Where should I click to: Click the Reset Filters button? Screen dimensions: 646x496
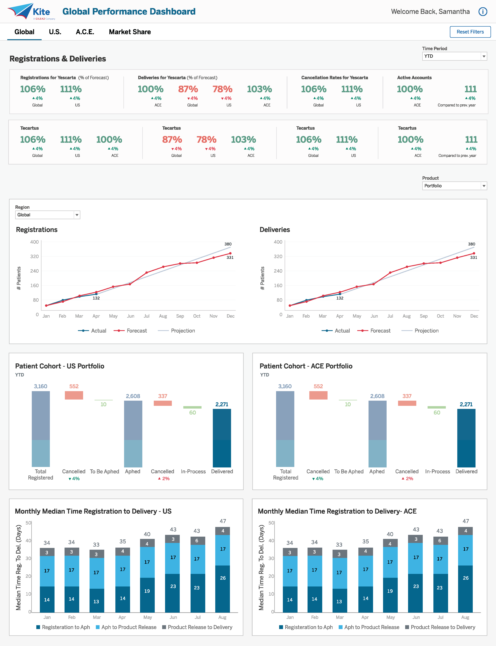pyautogui.click(x=470, y=32)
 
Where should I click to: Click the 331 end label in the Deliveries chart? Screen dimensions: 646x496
pyautogui.click(x=474, y=257)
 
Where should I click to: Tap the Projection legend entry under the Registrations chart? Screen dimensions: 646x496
pyautogui.click(x=177, y=331)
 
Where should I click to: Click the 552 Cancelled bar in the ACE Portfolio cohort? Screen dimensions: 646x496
pyautogui.click(x=318, y=395)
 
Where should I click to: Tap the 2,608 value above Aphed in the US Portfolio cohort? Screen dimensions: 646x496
pyautogui.click(x=133, y=396)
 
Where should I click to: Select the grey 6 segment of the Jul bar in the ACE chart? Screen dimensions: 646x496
pyautogui.click(x=440, y=541)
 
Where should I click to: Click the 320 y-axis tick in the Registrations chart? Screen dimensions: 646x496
pyautogui.click(x=35, y=256)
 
